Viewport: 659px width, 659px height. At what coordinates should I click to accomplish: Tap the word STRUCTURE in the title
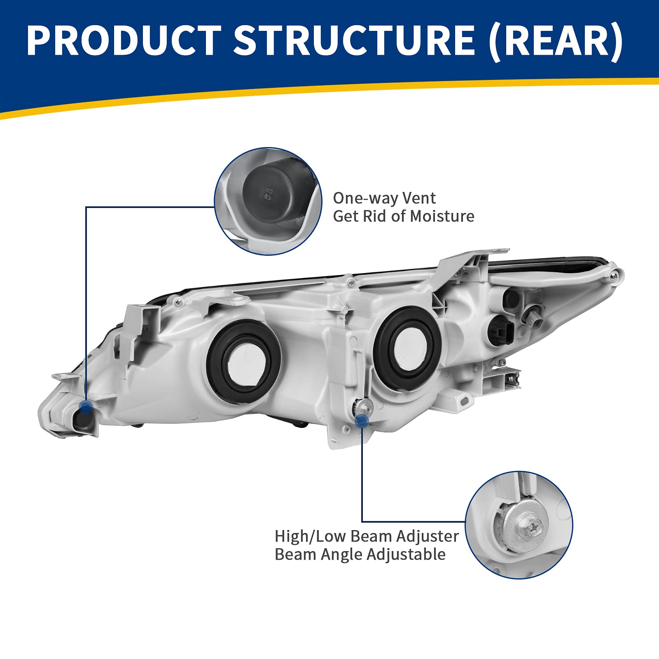pos(354,40)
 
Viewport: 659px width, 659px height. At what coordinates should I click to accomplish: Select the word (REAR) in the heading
pos(556,40)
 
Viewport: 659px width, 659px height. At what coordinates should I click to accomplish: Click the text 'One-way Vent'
pos(384,198)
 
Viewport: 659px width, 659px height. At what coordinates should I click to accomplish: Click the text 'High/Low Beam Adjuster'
pos(366,536)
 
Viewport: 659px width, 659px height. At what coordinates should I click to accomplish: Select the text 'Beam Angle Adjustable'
pos(360,554)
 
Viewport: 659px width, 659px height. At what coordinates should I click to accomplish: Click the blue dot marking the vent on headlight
pos(86,407)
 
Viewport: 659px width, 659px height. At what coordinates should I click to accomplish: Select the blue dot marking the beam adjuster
pos(362,420)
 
